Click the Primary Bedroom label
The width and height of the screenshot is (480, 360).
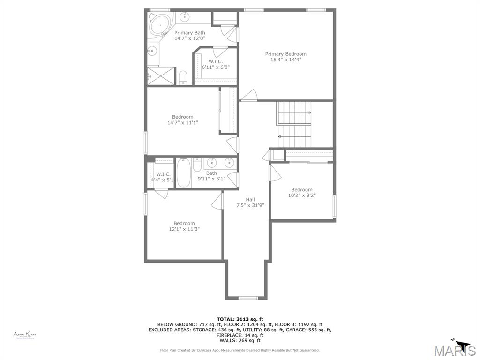click(285, 54)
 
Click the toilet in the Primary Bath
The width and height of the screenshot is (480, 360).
click(183, 77)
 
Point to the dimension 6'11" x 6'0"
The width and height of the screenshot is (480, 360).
click(216, 67)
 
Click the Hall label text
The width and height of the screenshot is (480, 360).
click(250, 199)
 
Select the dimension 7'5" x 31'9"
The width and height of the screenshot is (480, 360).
click(250, 205)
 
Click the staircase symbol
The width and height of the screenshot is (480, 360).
click(294, 124)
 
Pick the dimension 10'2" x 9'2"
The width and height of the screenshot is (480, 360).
click(301, 195)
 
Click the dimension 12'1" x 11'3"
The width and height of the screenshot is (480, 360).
click(184, 229)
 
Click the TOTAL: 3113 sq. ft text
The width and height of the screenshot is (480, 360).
click(240, 319)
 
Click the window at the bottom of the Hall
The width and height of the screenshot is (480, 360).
click(248, 298)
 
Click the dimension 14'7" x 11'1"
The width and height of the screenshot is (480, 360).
click(183, 123)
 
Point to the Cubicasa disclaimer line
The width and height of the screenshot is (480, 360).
click(240, 350)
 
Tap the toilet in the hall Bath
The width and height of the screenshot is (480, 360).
click(197, 166)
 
